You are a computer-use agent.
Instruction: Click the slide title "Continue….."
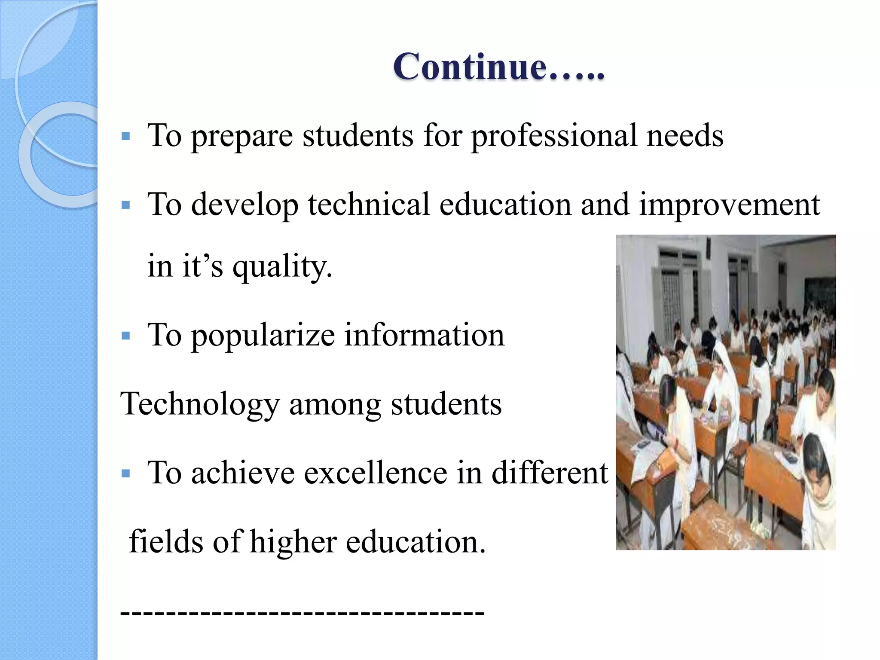pyautogui.click(x=498, y=67)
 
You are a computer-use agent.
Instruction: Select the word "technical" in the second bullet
pyautogui.click(x=369, y=205)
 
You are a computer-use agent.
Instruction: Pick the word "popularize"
pyautogui.click(x=263, y=336)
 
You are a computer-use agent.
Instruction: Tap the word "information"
pyautogui.click(x=425, y=335)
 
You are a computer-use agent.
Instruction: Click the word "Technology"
pyautogui.click(x=200, y=405)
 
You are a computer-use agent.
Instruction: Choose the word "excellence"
pyautogui.click(x=376, y=473)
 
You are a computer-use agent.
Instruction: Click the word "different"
pyautogui.click(x=550, y=473)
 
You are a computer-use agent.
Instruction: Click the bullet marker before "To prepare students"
pyautogui.click(x=126, y=137)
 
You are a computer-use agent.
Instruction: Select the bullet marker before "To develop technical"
pyautogui.click(x=126, y=205)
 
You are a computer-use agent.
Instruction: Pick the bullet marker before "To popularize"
pyautogui.click(x=126, y=336)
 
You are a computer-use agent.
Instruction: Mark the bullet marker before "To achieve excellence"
pyautogui.click(x=126, y=474)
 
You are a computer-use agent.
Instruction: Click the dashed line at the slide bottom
pyautogui.click(x=302, y=613)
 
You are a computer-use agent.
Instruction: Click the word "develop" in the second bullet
pyautogui.click(x=245, y=205)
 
